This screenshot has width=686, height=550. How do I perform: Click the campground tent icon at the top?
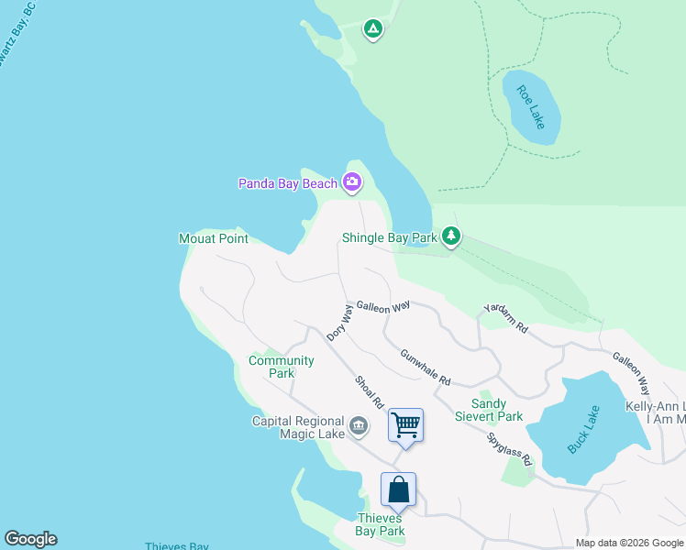[372, 29]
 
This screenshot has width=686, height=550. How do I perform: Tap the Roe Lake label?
[530, 107]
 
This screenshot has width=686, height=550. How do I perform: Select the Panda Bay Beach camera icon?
[351, 183]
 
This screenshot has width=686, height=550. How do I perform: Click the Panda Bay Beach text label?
[288, 183]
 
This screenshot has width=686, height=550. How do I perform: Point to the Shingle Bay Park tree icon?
[450, 236]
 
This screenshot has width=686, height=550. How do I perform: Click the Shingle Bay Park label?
[389, 237]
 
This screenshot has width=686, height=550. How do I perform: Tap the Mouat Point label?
[213, 238]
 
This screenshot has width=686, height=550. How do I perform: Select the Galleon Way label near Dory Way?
[382, 308]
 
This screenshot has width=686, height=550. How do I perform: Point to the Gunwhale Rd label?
[425, 367]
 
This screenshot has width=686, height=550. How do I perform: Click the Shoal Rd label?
[370, 391]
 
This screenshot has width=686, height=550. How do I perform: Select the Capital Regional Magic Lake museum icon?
[359, 424]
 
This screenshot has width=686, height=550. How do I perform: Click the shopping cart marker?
[405, 424]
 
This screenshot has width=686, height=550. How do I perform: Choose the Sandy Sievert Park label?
[489, 410]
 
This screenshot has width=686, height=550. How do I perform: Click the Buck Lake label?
[582, 428]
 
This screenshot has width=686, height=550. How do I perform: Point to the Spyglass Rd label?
[509, 448]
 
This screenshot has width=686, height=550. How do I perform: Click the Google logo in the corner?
[30, 539]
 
